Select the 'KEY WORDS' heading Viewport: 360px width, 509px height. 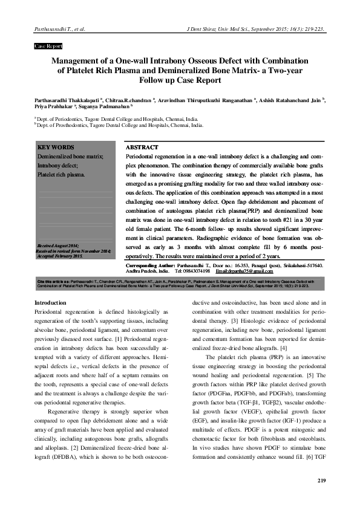[x=56, y=148]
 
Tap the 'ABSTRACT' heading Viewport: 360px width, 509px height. [x=142, y=148]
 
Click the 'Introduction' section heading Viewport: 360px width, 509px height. [x=50, y=302]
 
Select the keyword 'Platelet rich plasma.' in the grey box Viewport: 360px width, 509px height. [x=62, y=175]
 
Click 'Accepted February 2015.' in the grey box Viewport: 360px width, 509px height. [x=61, y=256]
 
